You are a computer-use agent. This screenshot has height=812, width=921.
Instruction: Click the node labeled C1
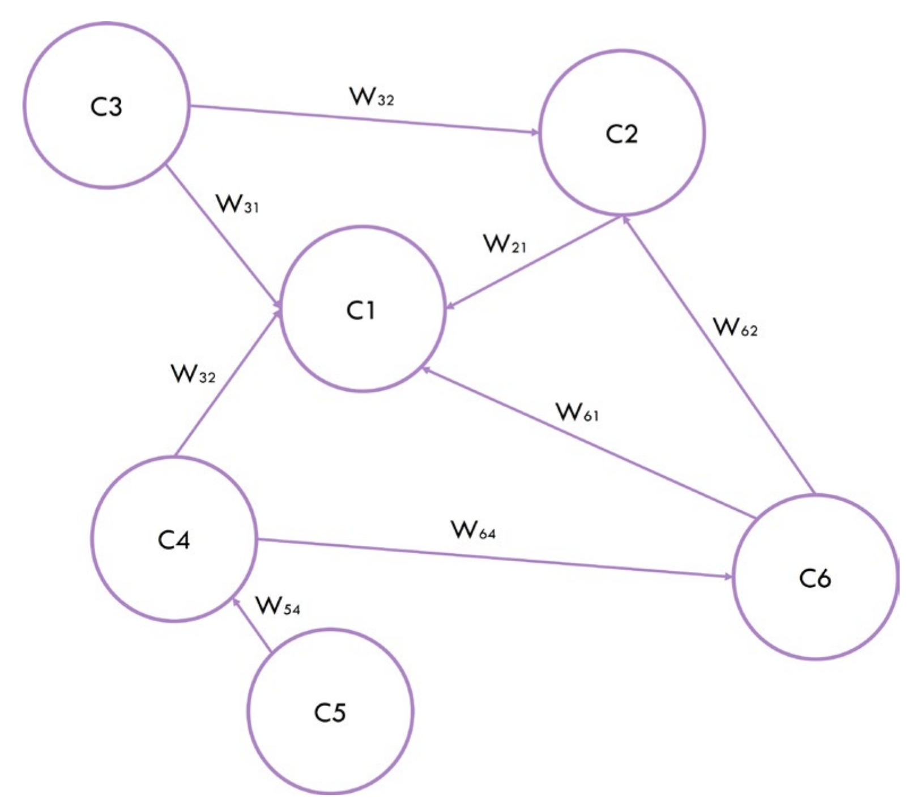pos(362,309)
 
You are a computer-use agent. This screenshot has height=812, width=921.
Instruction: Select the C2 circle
pos(621,133)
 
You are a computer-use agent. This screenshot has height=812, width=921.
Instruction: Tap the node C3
pos(106,105)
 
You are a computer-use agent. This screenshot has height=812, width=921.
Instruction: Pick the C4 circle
pos(174,539)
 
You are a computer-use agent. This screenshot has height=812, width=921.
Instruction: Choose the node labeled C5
pos(330,712)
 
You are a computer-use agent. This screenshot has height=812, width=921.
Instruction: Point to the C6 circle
pos(815,577)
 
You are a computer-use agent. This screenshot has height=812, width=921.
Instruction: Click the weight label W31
pos(237,204)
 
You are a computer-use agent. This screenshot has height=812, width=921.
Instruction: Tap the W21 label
pos(505,244)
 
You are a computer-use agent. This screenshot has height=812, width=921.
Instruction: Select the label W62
pos(735,327)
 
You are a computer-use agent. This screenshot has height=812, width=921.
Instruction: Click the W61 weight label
pos(577,412)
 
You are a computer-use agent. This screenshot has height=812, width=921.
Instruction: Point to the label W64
pos(473,530)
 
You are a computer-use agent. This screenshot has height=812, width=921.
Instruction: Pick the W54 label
pos(278,606)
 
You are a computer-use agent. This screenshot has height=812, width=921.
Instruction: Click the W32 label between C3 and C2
pos(372,97)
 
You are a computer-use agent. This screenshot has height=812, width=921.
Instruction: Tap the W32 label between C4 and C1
pos(193,374)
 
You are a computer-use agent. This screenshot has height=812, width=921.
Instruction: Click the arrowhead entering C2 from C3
pos(535,133)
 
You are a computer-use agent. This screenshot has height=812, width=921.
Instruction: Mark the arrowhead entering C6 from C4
pos(728,576)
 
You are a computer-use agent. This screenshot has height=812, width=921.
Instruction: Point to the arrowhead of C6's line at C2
pos(625,220)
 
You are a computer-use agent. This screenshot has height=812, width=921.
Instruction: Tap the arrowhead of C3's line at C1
pos(278,304)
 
